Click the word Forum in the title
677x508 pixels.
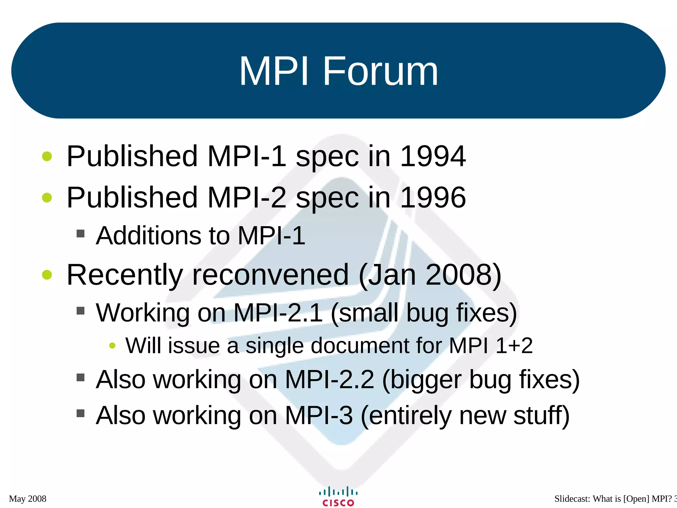(x=380, y=71)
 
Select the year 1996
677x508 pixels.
(x=433, y=197)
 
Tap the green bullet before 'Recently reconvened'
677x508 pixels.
(x=47, y=275)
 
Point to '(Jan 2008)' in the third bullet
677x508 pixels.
(x=430, y=275)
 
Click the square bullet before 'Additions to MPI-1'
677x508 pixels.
(x=80, y=234)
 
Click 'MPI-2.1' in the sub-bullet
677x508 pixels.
(x=278, y=313)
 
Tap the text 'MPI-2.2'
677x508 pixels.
(x=329, y=379)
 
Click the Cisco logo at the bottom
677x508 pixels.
(x=338, y=496)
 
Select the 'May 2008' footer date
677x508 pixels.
(x=28, y=499)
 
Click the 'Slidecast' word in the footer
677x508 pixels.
(x=572, y=499)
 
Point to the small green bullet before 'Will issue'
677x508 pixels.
(x=112, y=346)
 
